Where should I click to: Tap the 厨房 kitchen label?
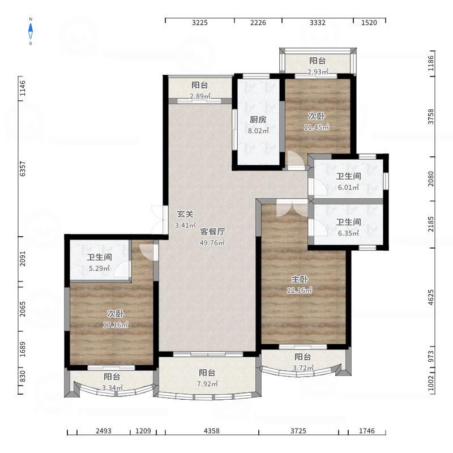258,119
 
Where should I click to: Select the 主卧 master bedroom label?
300,279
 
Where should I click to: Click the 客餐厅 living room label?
212,232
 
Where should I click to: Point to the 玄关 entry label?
185,214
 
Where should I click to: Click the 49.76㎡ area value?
212,243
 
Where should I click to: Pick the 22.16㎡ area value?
300,290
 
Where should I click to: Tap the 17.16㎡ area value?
116,324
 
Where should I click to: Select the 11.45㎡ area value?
317,127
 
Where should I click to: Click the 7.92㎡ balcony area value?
207,384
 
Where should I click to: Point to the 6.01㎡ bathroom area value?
348,187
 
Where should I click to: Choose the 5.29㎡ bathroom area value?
100,268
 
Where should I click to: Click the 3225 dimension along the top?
200,23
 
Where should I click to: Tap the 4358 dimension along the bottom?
211,431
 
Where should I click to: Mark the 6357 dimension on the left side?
23,169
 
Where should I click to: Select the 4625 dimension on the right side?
431,297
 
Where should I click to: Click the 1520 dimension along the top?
369,23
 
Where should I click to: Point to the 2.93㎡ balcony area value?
318,72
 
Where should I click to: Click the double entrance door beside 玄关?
159,220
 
